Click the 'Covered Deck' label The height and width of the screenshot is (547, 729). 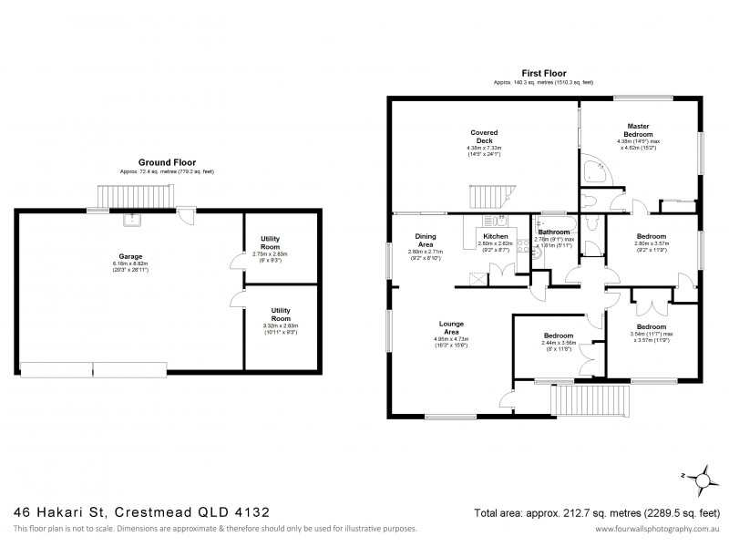pos(484,136)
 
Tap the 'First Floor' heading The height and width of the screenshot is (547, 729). pos(543,74)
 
